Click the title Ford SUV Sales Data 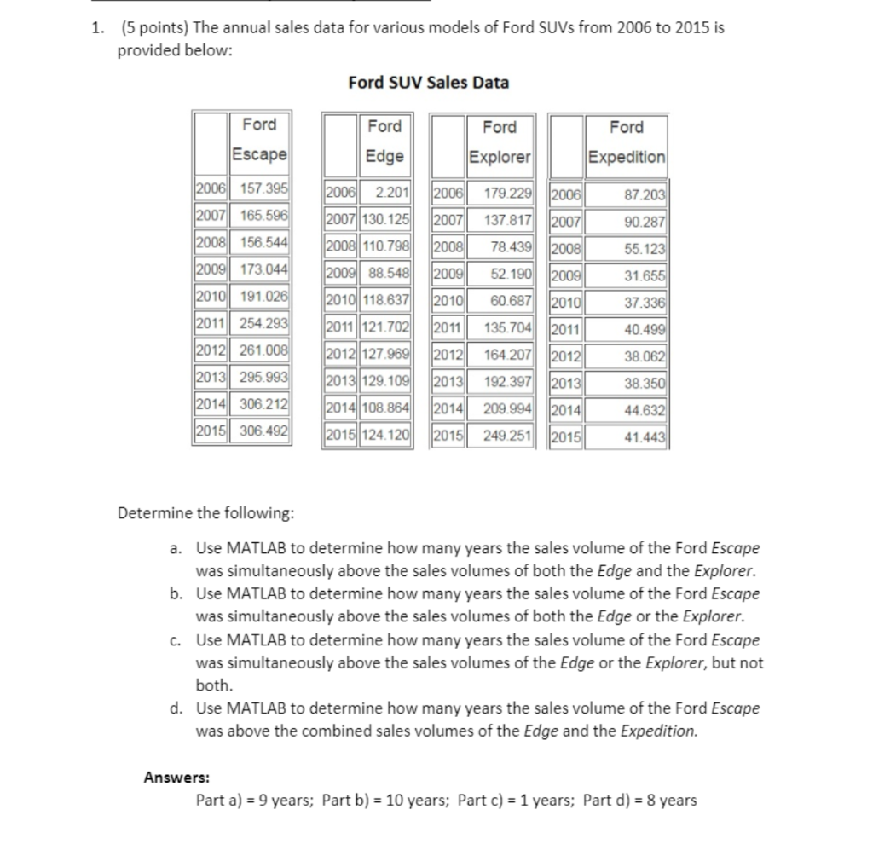(x=429, y=83)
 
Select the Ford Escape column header (x=259, y=140)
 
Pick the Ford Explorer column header (x=500, y=142)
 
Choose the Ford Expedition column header (x=627, y=142)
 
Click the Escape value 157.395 (x=263, y=188)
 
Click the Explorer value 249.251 (x=508, y=437)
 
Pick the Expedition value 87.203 (x=645, y=194)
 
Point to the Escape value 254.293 (x=263, y=323)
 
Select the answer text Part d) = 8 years (x=639, y=800)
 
